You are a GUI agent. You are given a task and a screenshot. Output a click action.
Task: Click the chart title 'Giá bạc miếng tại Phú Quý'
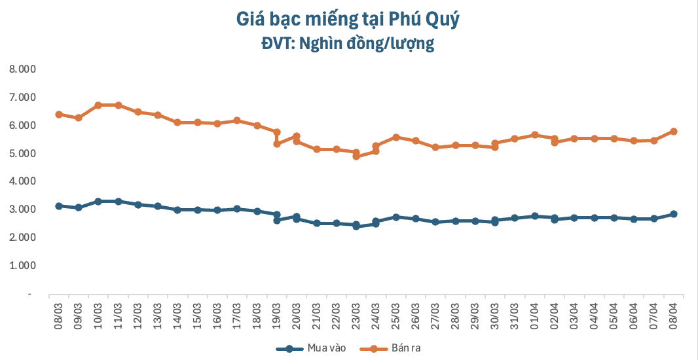[x=348, y=20]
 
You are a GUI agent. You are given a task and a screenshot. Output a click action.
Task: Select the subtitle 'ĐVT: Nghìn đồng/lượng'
[x=348, y=44]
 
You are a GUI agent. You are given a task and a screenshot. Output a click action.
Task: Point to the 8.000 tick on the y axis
[x=22, y=69]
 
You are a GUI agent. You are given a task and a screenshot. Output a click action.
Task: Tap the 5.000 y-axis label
[x=22, y=153]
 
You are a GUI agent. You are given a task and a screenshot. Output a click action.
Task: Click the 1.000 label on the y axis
[x=22, y=266]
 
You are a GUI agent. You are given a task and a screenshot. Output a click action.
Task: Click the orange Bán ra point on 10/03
[x=98, y=105]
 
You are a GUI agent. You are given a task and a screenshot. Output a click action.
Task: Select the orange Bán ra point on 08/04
[x=673, y=132]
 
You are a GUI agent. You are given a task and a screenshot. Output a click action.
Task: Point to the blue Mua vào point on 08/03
[x=58, y=206]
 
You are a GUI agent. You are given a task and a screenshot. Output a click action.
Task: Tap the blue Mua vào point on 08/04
[x=673, y=214]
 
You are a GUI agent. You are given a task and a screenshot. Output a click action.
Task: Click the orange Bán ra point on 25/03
[x=395, y=137]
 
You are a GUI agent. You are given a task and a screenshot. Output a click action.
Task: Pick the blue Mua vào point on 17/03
[x=237, y=209]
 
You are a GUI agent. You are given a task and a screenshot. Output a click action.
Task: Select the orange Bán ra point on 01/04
[x=534, y=135]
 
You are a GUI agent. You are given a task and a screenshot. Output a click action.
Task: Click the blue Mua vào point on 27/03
[x=435, y=222]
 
